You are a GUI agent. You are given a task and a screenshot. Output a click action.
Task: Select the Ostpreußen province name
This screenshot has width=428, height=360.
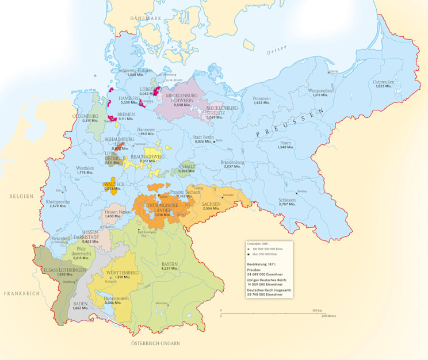coord(384,82)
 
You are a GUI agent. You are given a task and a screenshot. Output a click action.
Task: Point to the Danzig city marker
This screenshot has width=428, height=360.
coord(328,72)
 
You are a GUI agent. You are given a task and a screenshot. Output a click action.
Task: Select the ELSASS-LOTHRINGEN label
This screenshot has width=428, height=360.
coord(60,269)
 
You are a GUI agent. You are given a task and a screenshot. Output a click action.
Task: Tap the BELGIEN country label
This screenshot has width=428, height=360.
coord(18,196)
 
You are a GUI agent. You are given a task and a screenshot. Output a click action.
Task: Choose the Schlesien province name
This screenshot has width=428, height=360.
coord(286,200)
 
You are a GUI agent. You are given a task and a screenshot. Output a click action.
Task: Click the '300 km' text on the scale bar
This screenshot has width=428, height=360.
coord(316,311)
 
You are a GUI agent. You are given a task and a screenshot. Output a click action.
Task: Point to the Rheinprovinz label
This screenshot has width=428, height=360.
coord(58,202)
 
